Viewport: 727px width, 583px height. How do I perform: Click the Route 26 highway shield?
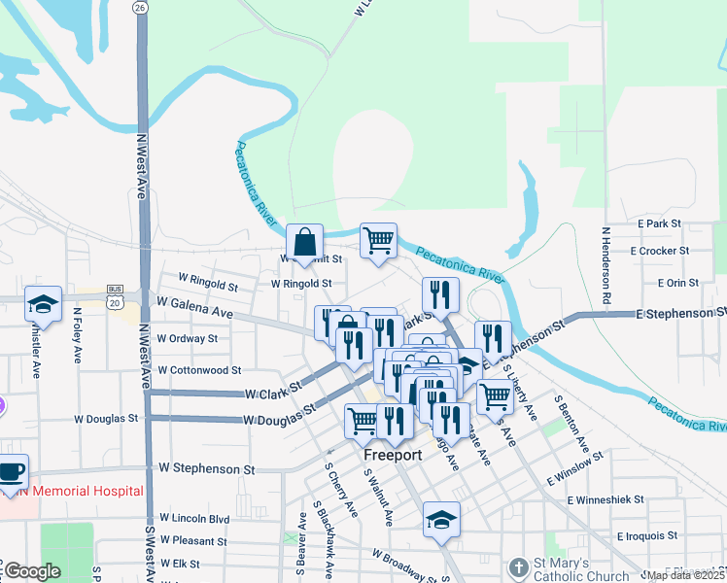[x=141, y=7]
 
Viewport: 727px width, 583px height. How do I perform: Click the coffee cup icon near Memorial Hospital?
[x=11, y=470]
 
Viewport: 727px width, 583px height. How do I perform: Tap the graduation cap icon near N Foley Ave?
[x=43, y=304]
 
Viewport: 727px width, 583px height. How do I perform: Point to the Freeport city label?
[x=392, y=455]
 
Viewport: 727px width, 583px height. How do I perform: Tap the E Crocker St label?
[x=659, y=251]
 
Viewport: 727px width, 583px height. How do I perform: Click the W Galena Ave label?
[x=194, y=308]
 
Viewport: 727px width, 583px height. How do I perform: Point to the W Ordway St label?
[x=188, y=339]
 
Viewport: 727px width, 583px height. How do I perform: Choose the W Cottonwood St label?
[x=198, y=370]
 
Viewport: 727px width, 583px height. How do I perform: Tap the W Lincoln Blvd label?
[x=194, y=519]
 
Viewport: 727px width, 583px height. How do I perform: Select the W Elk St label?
[x=180, y=564]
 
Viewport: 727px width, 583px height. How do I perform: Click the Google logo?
[x=32, y=571]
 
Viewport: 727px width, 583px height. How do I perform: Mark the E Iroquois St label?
[x=646, y=535]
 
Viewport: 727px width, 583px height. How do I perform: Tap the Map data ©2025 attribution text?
[x=685, y=575]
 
